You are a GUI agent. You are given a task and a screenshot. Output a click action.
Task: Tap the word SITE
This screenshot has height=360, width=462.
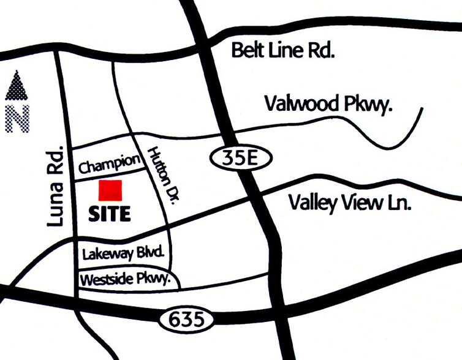pyautogui.click(x=110, y=214)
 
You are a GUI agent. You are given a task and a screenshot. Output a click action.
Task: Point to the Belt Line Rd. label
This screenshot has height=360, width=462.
pyautogui.click(x=282, y=50)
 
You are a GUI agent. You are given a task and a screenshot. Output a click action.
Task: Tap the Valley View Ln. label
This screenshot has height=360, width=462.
pyautogui.click(x=350, y=203)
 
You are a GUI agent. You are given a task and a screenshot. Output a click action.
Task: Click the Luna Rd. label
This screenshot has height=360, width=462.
pyautogui.click(x=56, y=187)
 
